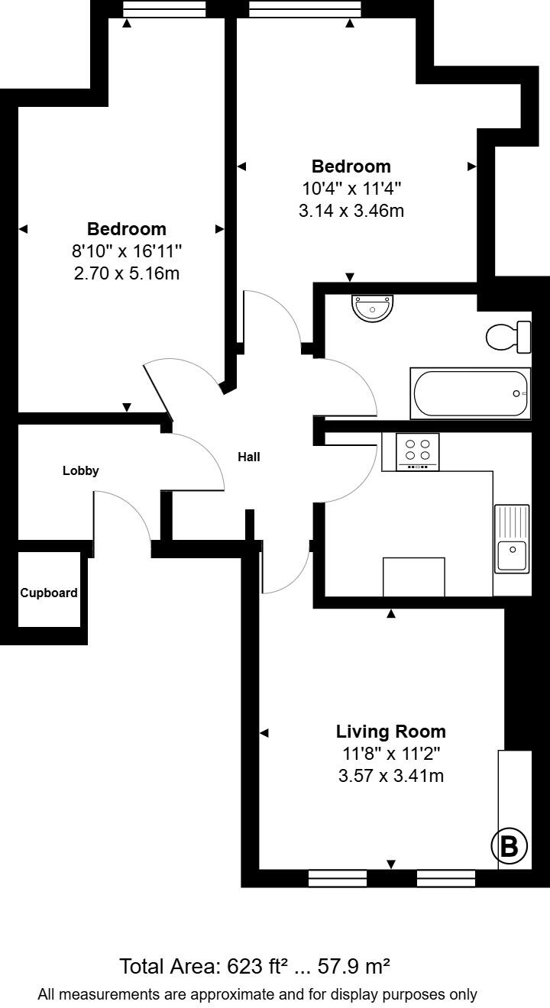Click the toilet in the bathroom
coord(509,337)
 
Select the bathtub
coord(471,393)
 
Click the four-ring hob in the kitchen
coord(418,452)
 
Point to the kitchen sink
coord(513,539)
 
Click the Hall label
coord(249,457)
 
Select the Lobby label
coord(80,470)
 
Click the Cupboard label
coord(49,593)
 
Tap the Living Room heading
coord(390,732)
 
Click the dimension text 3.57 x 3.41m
coord(390,776)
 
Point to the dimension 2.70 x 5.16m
coord(127,273)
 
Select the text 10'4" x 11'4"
coord(351,188)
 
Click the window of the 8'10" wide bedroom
coord(164,9)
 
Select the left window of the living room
coord(338,877)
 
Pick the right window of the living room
coord(446,877)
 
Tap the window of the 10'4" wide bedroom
coord(305,9)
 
